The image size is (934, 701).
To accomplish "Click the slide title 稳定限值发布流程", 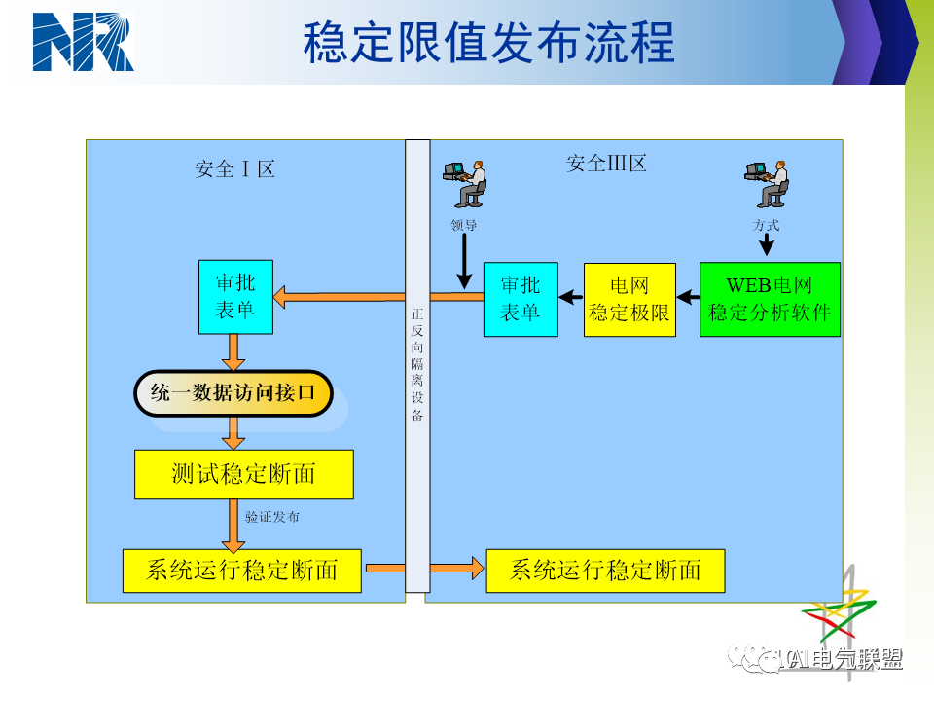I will [488, 44].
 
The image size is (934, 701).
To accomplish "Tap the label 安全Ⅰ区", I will [234, 169].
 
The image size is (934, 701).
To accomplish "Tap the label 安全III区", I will [606, 164].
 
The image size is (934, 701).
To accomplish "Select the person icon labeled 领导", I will [466, 185].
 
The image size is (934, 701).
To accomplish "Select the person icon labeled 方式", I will [769, 185].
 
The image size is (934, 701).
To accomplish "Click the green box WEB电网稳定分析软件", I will [770, 299].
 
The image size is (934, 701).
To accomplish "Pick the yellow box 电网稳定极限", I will [629, 299].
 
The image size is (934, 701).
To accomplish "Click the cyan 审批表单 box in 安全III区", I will [521, 299].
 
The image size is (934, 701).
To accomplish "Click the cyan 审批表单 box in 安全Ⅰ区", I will [235, 297].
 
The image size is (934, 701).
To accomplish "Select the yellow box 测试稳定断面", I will [243, 474].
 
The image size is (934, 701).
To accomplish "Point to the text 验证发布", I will [271, 517].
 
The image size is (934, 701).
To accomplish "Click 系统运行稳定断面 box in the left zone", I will [241, 571].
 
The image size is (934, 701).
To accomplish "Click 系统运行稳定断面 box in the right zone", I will [605, 571].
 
